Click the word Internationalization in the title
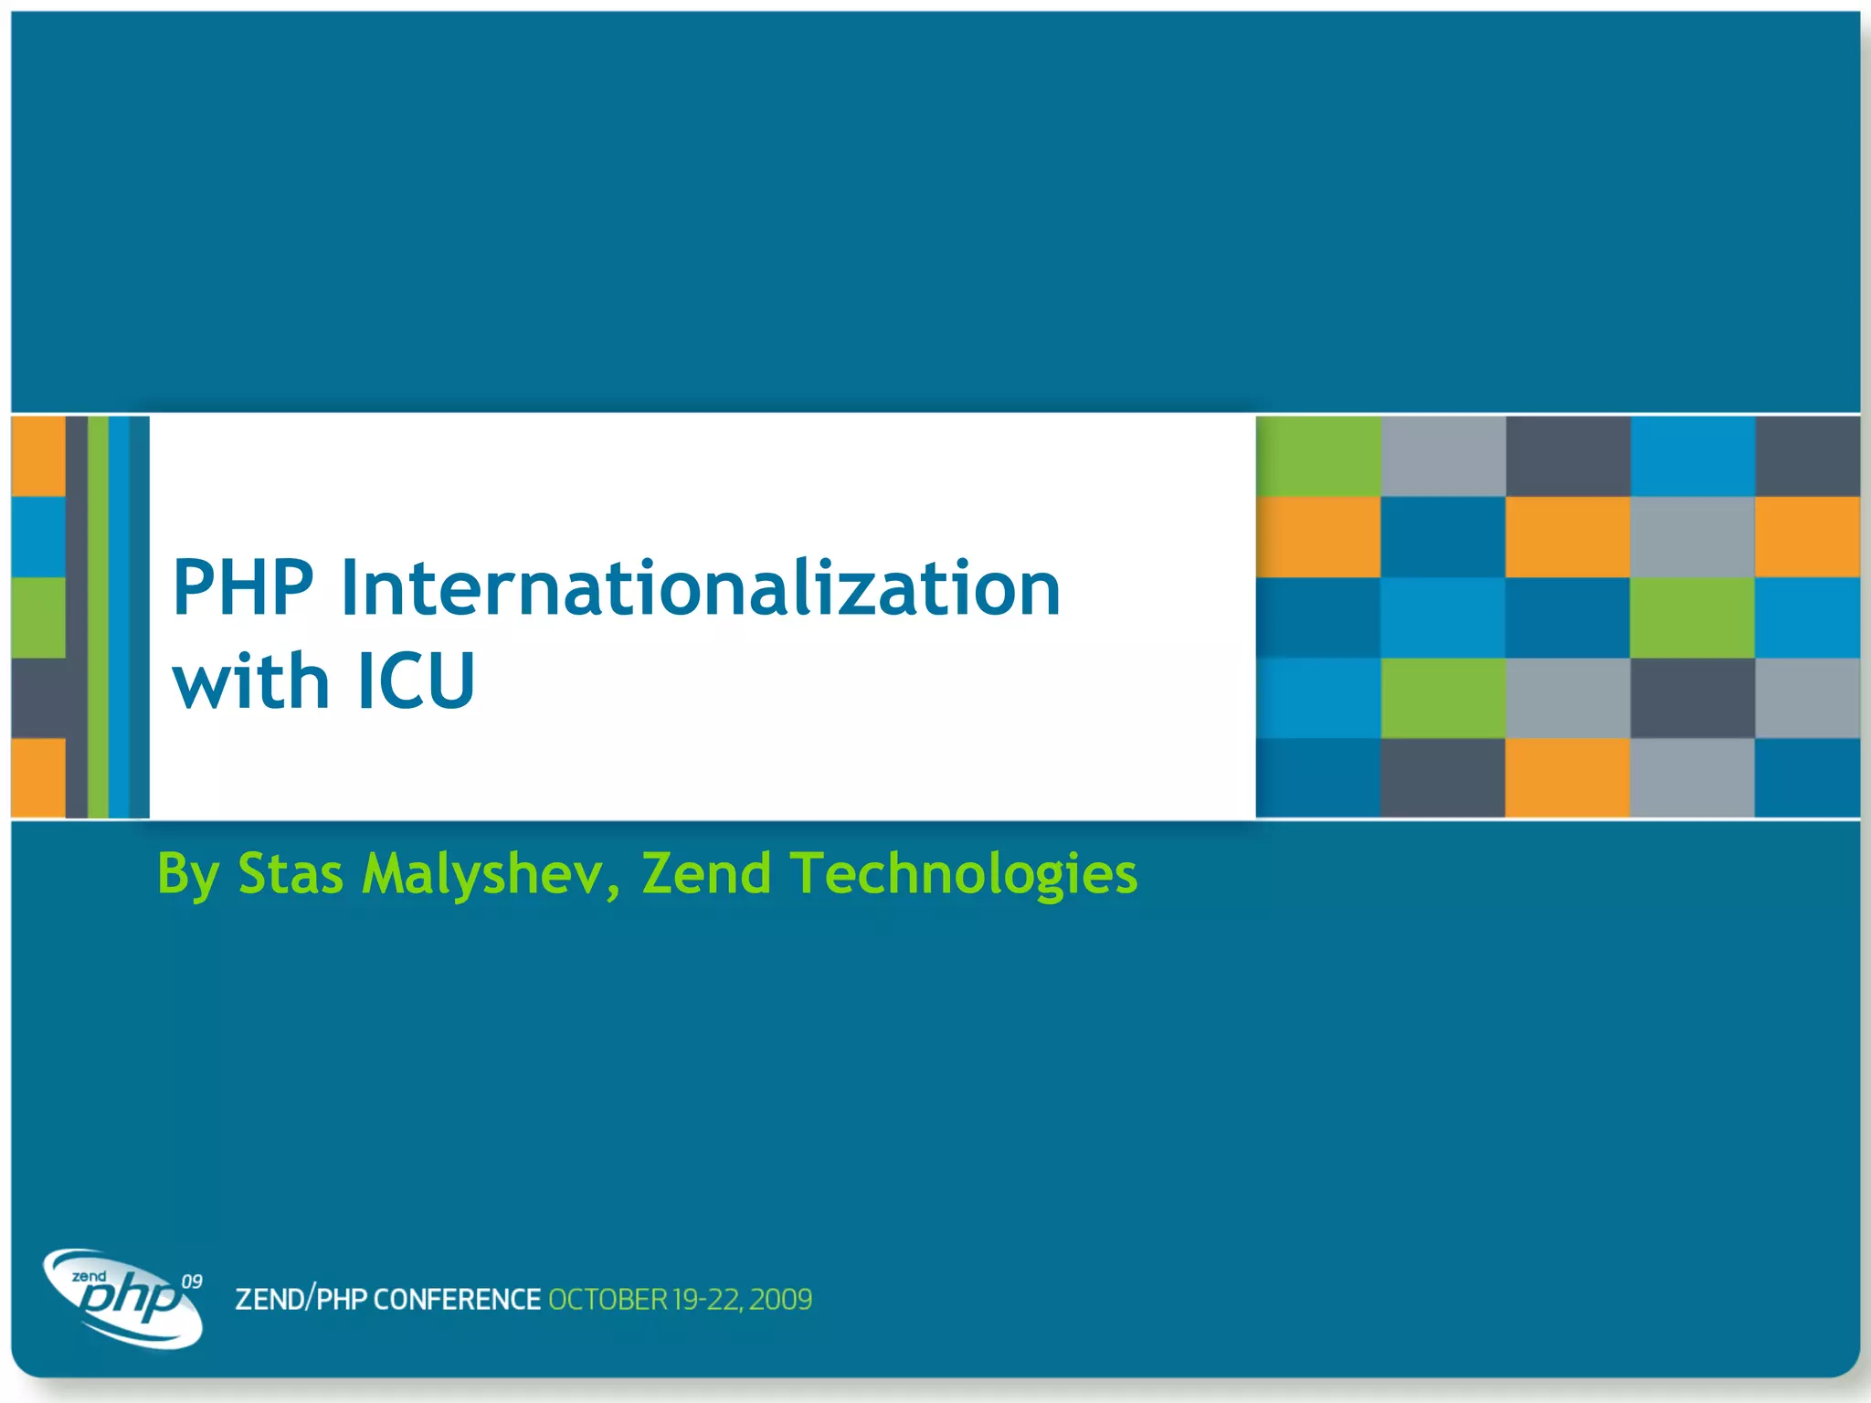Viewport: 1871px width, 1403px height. pos(700,588)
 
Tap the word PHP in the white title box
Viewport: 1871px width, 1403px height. pos(243,588)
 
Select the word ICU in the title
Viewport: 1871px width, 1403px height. pos(416,681)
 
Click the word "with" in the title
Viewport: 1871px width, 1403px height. pos(250,681)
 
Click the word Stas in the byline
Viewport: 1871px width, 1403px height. pos(291,874)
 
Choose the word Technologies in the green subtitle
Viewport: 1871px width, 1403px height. pos(964,874)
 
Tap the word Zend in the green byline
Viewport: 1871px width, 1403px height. pos(706,874)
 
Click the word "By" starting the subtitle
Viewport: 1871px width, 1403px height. pos(187,874)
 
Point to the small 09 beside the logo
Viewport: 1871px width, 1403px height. pos(192,1282)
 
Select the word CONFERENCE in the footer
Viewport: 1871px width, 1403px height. pos(457,1299)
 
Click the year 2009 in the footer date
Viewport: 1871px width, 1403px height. pos(781,1299)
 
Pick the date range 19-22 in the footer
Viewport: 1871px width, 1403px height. pos(707,1299)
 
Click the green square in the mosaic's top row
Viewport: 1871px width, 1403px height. pos(1317,456)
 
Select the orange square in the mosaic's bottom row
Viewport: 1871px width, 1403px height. pos(1566,777)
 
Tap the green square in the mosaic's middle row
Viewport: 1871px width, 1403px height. pos(1691,617)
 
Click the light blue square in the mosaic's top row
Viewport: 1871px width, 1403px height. pos(1691,456)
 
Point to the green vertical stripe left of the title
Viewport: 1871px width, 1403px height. pos(98,617)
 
